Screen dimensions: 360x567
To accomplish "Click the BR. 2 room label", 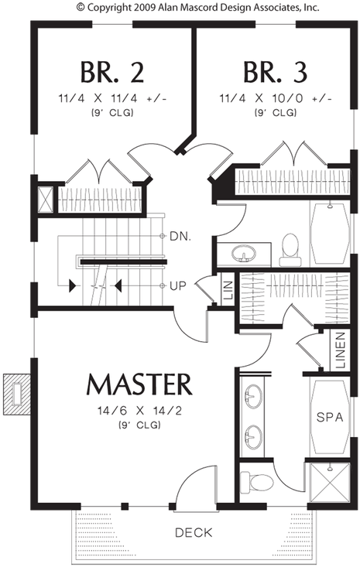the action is [x=111, y=72].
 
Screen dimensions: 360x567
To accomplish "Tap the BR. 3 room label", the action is [x=276, y=72].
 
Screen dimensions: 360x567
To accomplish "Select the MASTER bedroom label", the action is [x=139, y=384].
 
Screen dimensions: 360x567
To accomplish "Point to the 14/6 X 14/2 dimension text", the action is [x=139, y=411].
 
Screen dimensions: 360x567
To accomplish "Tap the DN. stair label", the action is [x=180, y=237].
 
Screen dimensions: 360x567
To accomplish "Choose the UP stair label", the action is [x=177, y=286].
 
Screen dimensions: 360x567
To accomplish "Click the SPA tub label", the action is [x=330, y=417].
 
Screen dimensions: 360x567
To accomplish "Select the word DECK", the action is [x=194, y=532].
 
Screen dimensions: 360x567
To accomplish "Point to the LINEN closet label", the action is [x=341, y=350].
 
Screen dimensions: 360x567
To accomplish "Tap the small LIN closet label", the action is [x=228, y=290].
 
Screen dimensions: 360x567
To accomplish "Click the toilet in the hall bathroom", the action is [x=290, y=250].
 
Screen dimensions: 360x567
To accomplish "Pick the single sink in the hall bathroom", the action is [x=244, y=254].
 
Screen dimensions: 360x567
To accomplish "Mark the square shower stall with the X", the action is [x=329, y=483].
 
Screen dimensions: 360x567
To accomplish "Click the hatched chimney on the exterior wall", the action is [x=16, y=395].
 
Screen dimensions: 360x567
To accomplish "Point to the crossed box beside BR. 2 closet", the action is [x=46, y=200].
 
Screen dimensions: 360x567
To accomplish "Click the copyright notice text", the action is [x=198, y=7].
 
